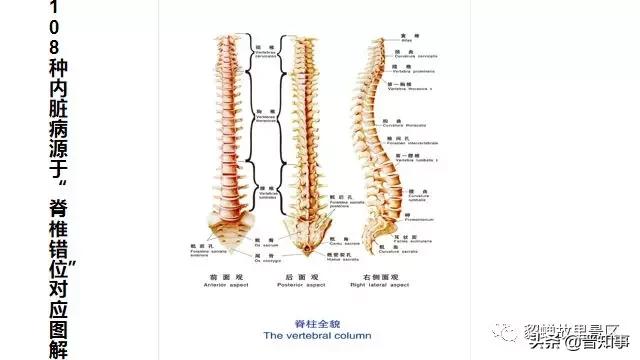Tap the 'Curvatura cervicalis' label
(x=420, y=57)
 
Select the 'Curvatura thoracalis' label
(x=421, y=126)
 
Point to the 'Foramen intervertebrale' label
(x=425, y=143)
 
